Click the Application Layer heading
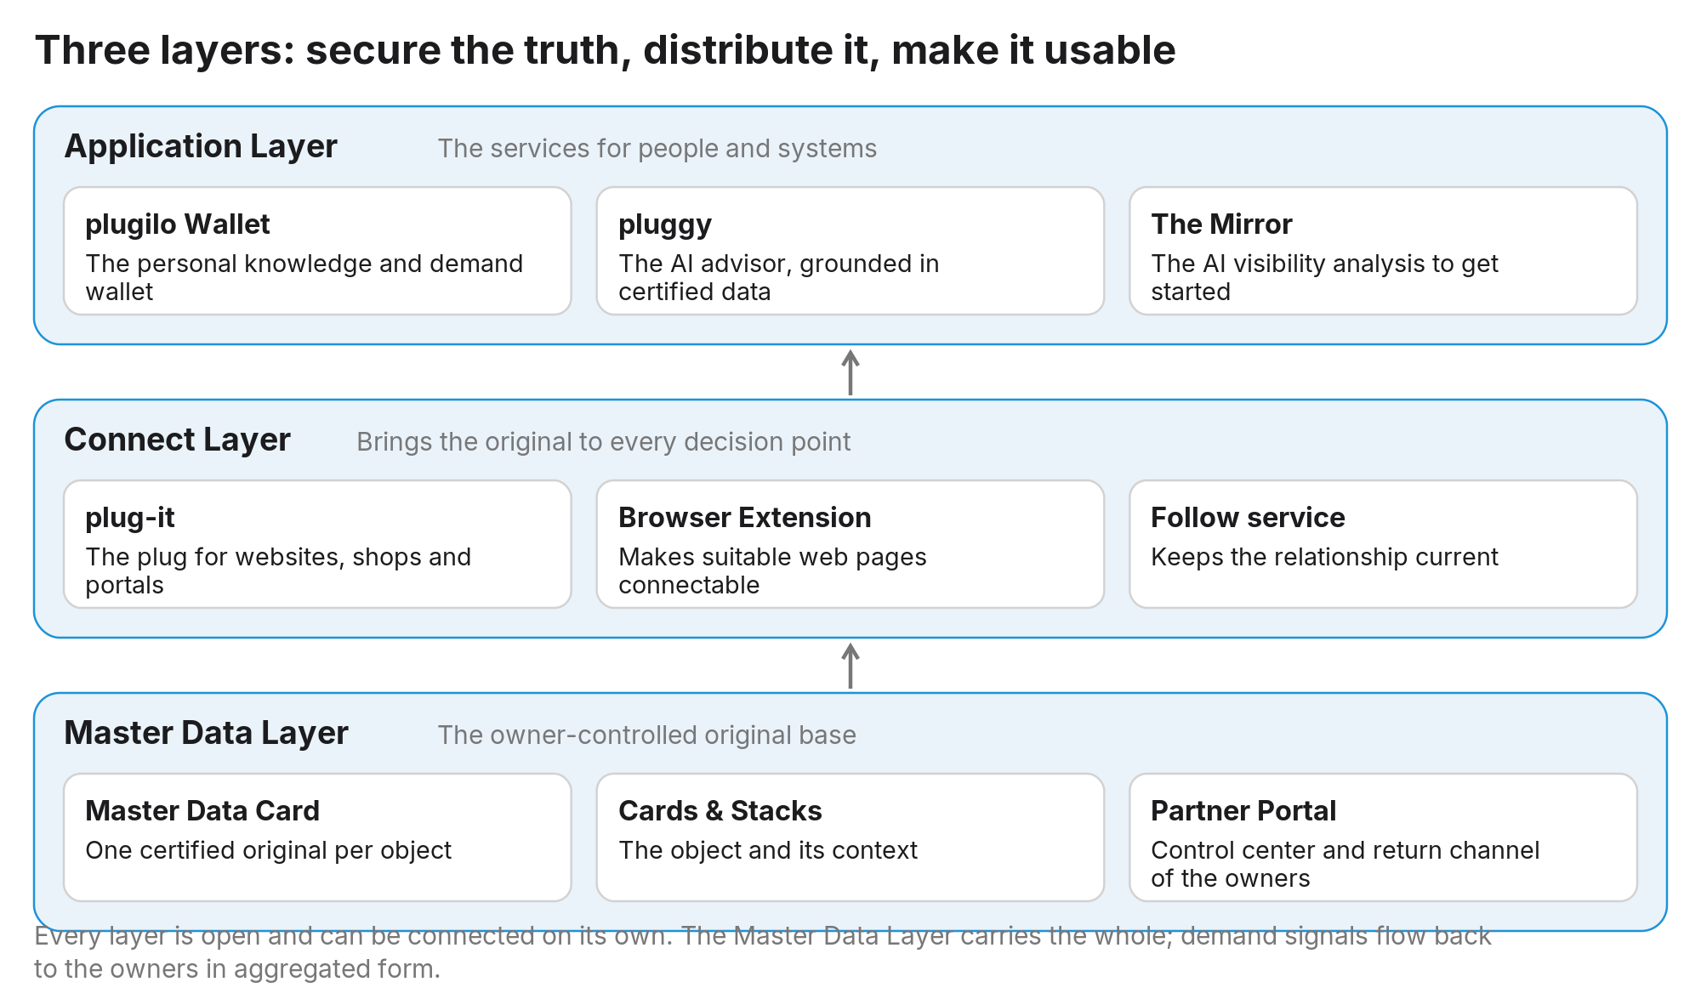tap(201, 147)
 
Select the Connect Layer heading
tap(177, 440)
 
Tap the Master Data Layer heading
tap(207, 734)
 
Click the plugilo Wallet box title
tap(177, 224)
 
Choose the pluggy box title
tap(665, 225)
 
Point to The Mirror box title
tap(1221, 224)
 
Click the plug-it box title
tap(130, 518)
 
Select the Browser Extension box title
tap(744, 518)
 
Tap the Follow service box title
tap(1248, 518)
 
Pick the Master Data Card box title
tap(202, 811)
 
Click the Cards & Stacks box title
tap(720, 811)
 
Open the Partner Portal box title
tap(1243, 811)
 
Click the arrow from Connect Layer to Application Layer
tap(850, 372)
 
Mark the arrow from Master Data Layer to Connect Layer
tap(850, 666)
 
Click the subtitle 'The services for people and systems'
tap(657, 149)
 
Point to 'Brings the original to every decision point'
tap(603, 442)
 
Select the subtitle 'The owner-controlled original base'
tap(647, 735)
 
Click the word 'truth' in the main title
tap(577, 51)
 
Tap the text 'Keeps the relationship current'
tap(1324, 558)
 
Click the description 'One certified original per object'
tap(268, 851)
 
